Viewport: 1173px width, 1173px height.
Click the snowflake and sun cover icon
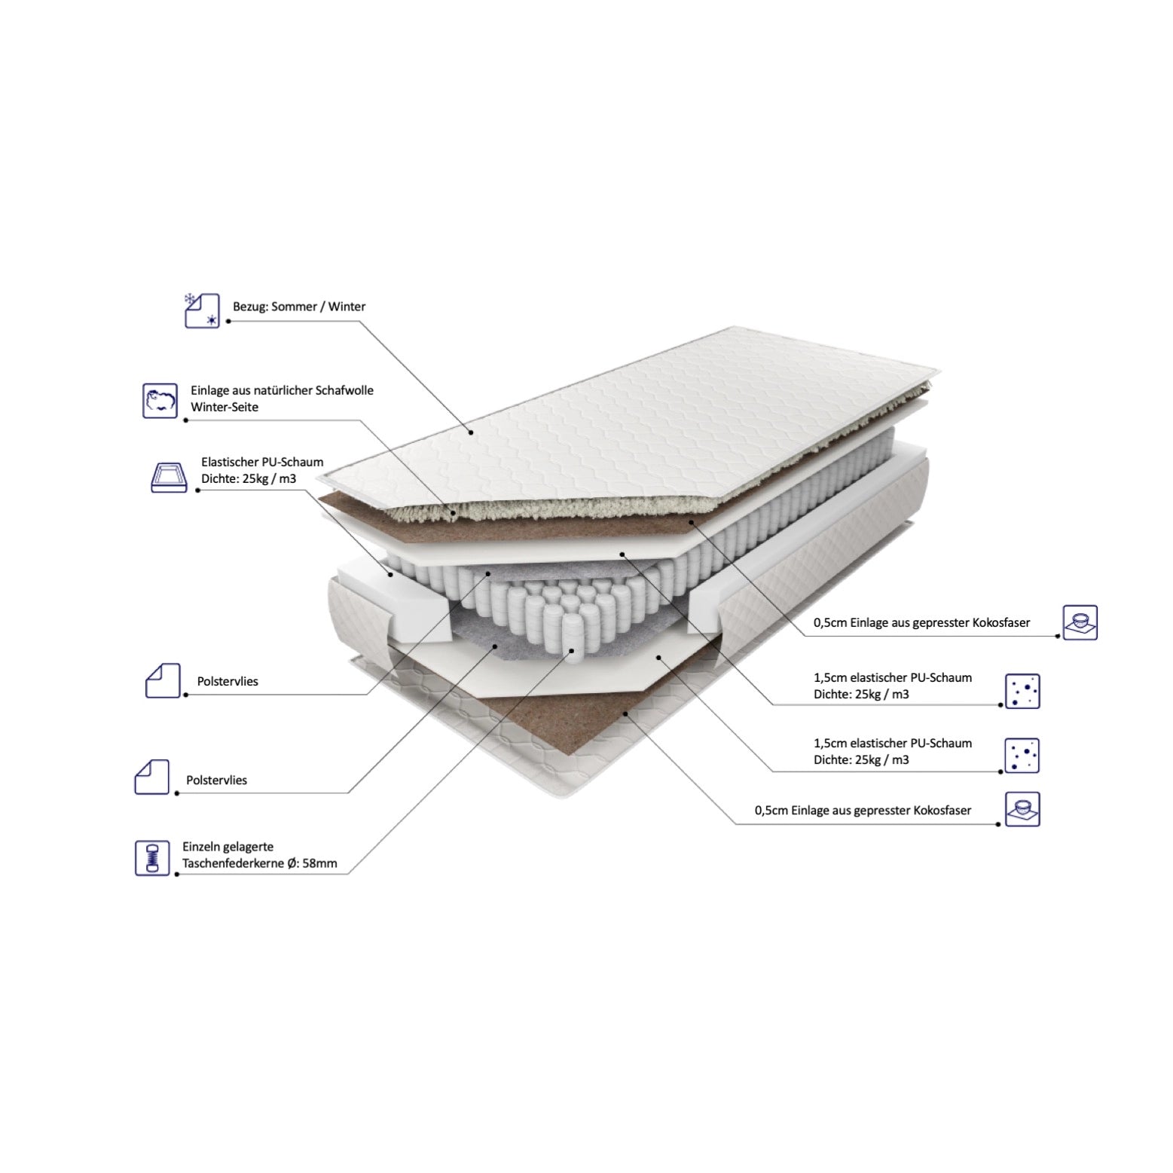tap(202, 310)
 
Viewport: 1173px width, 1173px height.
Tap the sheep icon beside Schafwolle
tap(160, 400)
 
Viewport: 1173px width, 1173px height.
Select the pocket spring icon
tap(153, 857)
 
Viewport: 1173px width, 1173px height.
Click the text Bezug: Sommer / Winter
tap(299, 307)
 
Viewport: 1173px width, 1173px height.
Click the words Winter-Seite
tap(225, 407)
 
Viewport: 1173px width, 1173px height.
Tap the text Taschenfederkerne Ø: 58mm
tap(260, 863)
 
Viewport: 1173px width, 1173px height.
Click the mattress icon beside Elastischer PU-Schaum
tap(169, 477)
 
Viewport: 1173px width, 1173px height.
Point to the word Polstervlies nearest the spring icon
tap(217, 780)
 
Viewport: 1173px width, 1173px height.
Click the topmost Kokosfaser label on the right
tap(922, 623)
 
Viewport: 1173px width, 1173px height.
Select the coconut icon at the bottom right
tap(1022, 809)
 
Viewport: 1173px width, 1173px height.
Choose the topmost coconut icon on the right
tap(1080, 622)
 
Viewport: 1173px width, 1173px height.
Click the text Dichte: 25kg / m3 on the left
tap(249, 478)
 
